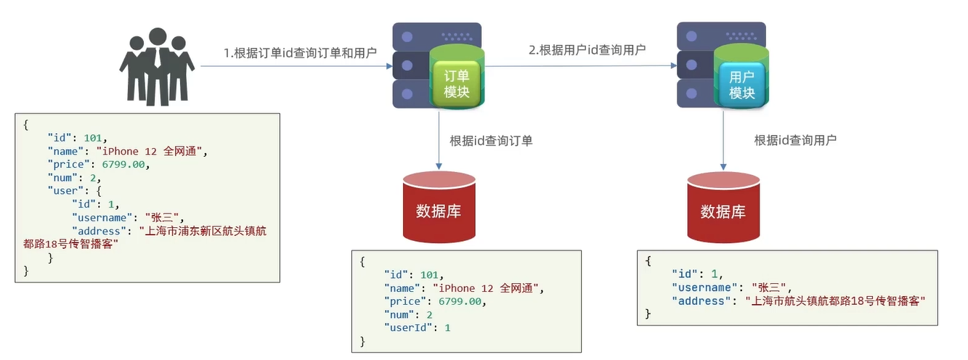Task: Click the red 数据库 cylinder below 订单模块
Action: pyautogui.click(x=439, y=208)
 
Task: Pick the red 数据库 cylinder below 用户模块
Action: pyautogui.click(x=723, y=209)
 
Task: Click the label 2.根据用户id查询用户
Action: pyautogui.click(x=587, y=50)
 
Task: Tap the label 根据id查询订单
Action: pyautogui.click(x=492, y=141)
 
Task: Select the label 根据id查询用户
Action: pyautogui.click(x=795, y=140)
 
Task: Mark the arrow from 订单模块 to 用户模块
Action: pyautogui.click(x=581, y=66)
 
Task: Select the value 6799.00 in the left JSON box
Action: pyautogui.click(x=126, y=165)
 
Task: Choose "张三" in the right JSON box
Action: pyautogui.click(x=768, y=287)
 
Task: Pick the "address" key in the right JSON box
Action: pyautogui.click(x=699, y=300)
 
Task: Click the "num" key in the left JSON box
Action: pyautogui.click(x=60, y=178)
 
